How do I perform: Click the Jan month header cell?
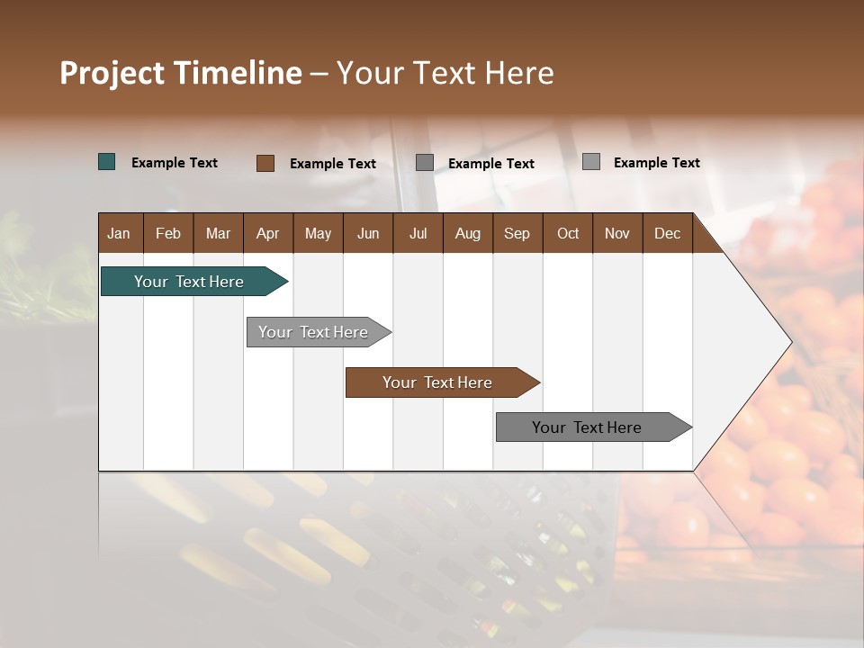pyautogui.click(x=119, y=233)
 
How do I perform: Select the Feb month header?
pyautogui.click(x=168, y=233)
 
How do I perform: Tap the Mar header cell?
pyautogui.click(x=218, y=233)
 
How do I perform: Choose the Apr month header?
pyautogui.click(x=267, y=233)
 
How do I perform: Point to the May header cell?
pyautogui.click(x=318, y=233)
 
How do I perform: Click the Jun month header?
pyautogui.click(x=368, y=233)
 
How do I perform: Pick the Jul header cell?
pyautogui.click(x=418, y=233)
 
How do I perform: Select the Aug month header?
pyautogui.click(x=467, y=233)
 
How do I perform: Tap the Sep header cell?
pyautogui.click(x=517, y=233)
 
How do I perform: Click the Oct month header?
pyautogui.click(x=568, y=233)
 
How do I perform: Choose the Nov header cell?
pyautogui.click(x=617, y=233)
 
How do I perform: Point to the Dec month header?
pyautogui.click(x=667, y=233)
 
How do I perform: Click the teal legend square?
pyautogui.click(x=107, y=162)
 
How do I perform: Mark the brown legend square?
pyautogui.click(x=265, y=163)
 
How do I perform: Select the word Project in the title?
pyautogui.click(x=112, y=73)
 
